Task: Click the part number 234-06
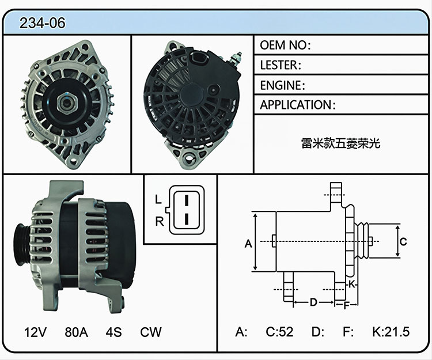click(43, 22)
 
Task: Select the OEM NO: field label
click(286, 45)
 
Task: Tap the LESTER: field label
click(281, 65)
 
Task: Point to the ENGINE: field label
click(282, 85)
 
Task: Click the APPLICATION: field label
click(298, 105)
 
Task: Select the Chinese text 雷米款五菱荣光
click(341, 143)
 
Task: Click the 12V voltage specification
click(36, 332)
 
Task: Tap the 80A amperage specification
click(76, 332)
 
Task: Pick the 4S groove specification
click(113, 332)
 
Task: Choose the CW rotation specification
click(151, 332)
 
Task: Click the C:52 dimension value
click(279, 332)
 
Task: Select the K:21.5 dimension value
click(391, 332)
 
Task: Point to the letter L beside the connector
click(158, 199)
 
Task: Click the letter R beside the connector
click(159, 221)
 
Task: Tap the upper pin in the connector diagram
click(187, 200)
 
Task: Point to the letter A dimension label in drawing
click(248, 244)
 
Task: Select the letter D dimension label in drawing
click(313, 302)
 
